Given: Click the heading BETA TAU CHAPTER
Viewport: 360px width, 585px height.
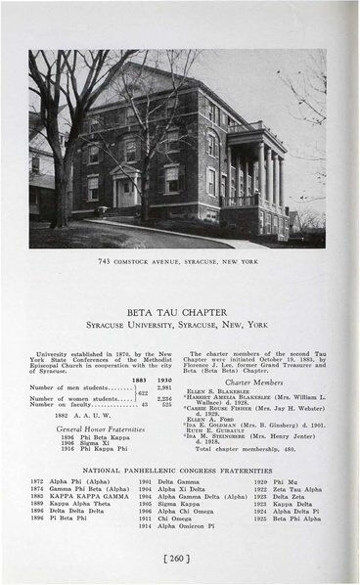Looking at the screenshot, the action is tap(179, 303).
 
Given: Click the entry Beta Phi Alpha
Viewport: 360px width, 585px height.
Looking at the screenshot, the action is tap(297, 517).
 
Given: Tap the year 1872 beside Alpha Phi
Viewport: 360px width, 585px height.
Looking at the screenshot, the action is tap(37, 481).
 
